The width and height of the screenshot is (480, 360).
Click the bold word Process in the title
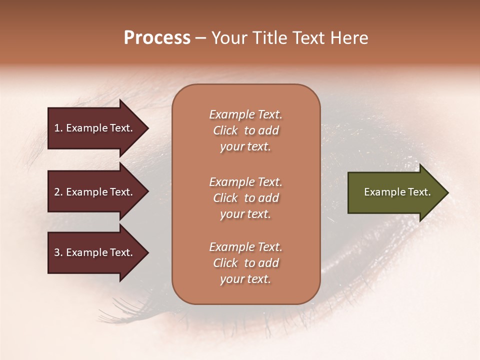(x=157, y=38)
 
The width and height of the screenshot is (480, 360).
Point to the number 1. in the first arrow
(x=58, y=128)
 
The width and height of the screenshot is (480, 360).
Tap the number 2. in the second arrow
(x=58, y=192)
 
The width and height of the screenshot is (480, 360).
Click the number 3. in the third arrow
(x=58, y=252)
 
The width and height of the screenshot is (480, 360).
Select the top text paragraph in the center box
(x=245, y=130)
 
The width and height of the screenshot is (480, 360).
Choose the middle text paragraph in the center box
(x=245, y=198)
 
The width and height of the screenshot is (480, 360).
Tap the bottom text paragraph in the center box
(x=245, y=263)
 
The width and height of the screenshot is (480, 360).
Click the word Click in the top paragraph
(x=225, y=130)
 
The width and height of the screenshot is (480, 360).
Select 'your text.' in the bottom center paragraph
(x=245, y=279)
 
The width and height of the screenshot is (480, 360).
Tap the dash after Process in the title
(x=200, y=38)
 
